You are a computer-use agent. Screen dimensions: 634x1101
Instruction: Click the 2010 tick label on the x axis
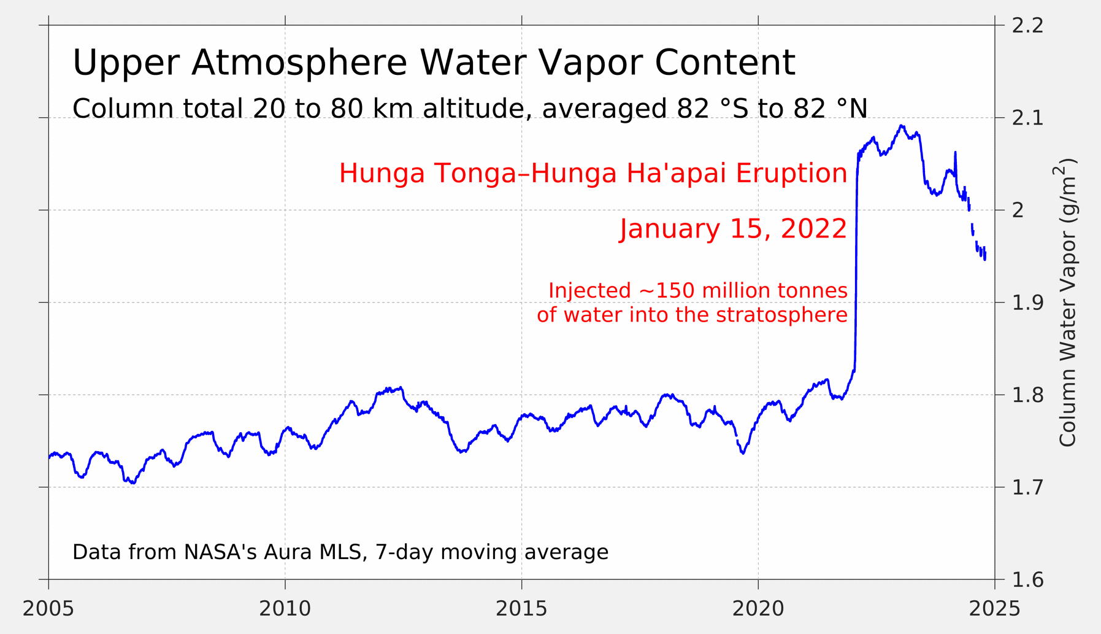click(285, 609)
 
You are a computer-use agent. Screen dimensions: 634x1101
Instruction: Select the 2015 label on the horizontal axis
click(521, 609)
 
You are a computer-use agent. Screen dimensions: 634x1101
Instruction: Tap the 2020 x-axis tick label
click(758, 609)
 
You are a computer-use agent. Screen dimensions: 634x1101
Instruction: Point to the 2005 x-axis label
click(48, 609)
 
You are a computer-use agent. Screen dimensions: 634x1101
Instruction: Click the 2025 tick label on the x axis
click(994, 609)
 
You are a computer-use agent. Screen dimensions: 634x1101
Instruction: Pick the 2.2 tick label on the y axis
click(1027, 26)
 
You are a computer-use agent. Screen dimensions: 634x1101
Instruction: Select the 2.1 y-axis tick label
click(1027, 118)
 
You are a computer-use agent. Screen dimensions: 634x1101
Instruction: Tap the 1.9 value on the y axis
click(1027, 303)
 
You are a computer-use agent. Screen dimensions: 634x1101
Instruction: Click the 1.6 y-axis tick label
click(1027, 579)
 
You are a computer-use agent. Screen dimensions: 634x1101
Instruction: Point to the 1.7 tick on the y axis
click(1027, 487)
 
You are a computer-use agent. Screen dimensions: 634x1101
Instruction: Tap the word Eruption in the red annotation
click(791, 174)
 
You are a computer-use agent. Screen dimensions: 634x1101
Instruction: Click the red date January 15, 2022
click(733, 229)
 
